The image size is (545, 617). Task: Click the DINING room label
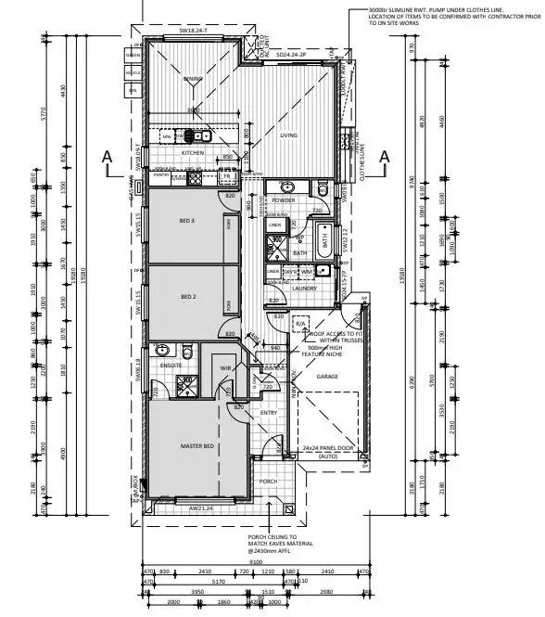point(193,80)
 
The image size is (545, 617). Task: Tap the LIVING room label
point(289,135)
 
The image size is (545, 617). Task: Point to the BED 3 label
point(187,221)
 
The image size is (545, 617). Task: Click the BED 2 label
point(187,297)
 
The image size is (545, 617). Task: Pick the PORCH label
point(268,482)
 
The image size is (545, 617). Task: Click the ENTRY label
point(269,413)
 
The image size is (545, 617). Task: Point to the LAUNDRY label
point(280,289)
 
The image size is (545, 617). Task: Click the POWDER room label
point(285,199)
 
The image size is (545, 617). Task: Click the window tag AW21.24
point(201,508)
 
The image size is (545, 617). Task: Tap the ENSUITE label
point(171,366)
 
